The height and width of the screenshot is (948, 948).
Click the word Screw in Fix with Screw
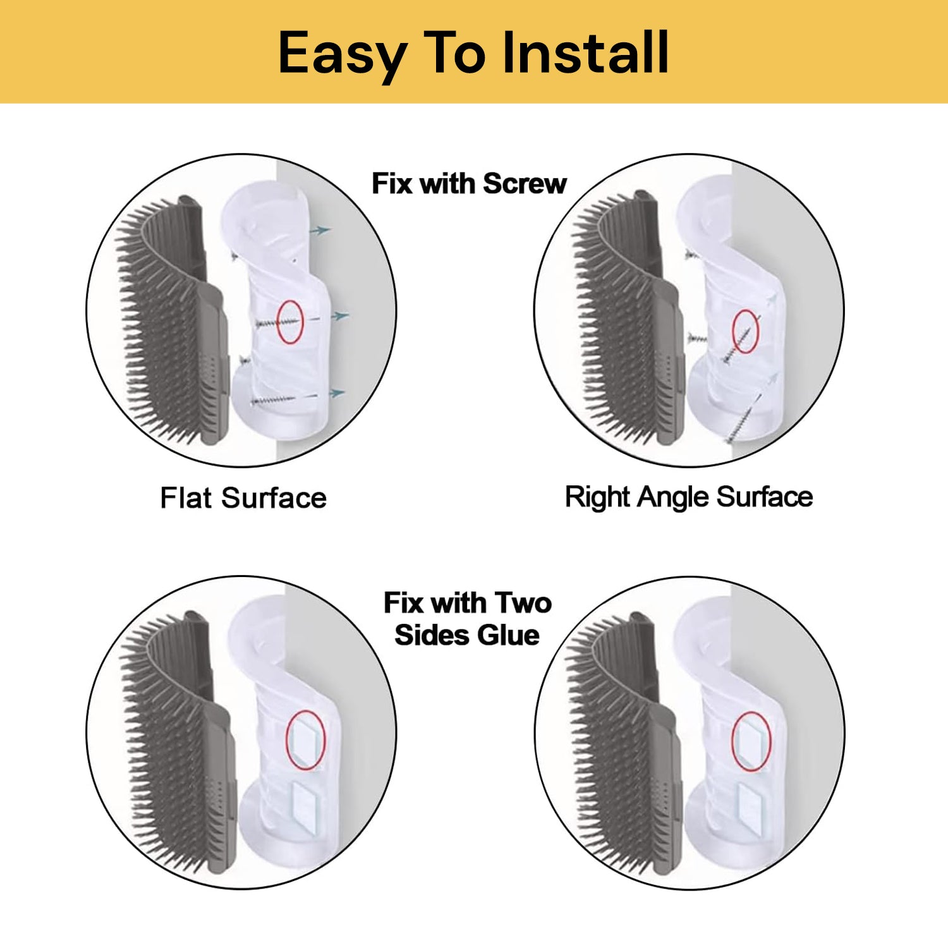pos(525,184)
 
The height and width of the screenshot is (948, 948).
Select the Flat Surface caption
pos(243,497)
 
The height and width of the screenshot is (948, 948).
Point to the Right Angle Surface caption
pos(689,497)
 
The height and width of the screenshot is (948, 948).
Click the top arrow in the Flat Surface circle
pos(320,231)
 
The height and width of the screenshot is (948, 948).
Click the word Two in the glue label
pos(523,602)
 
